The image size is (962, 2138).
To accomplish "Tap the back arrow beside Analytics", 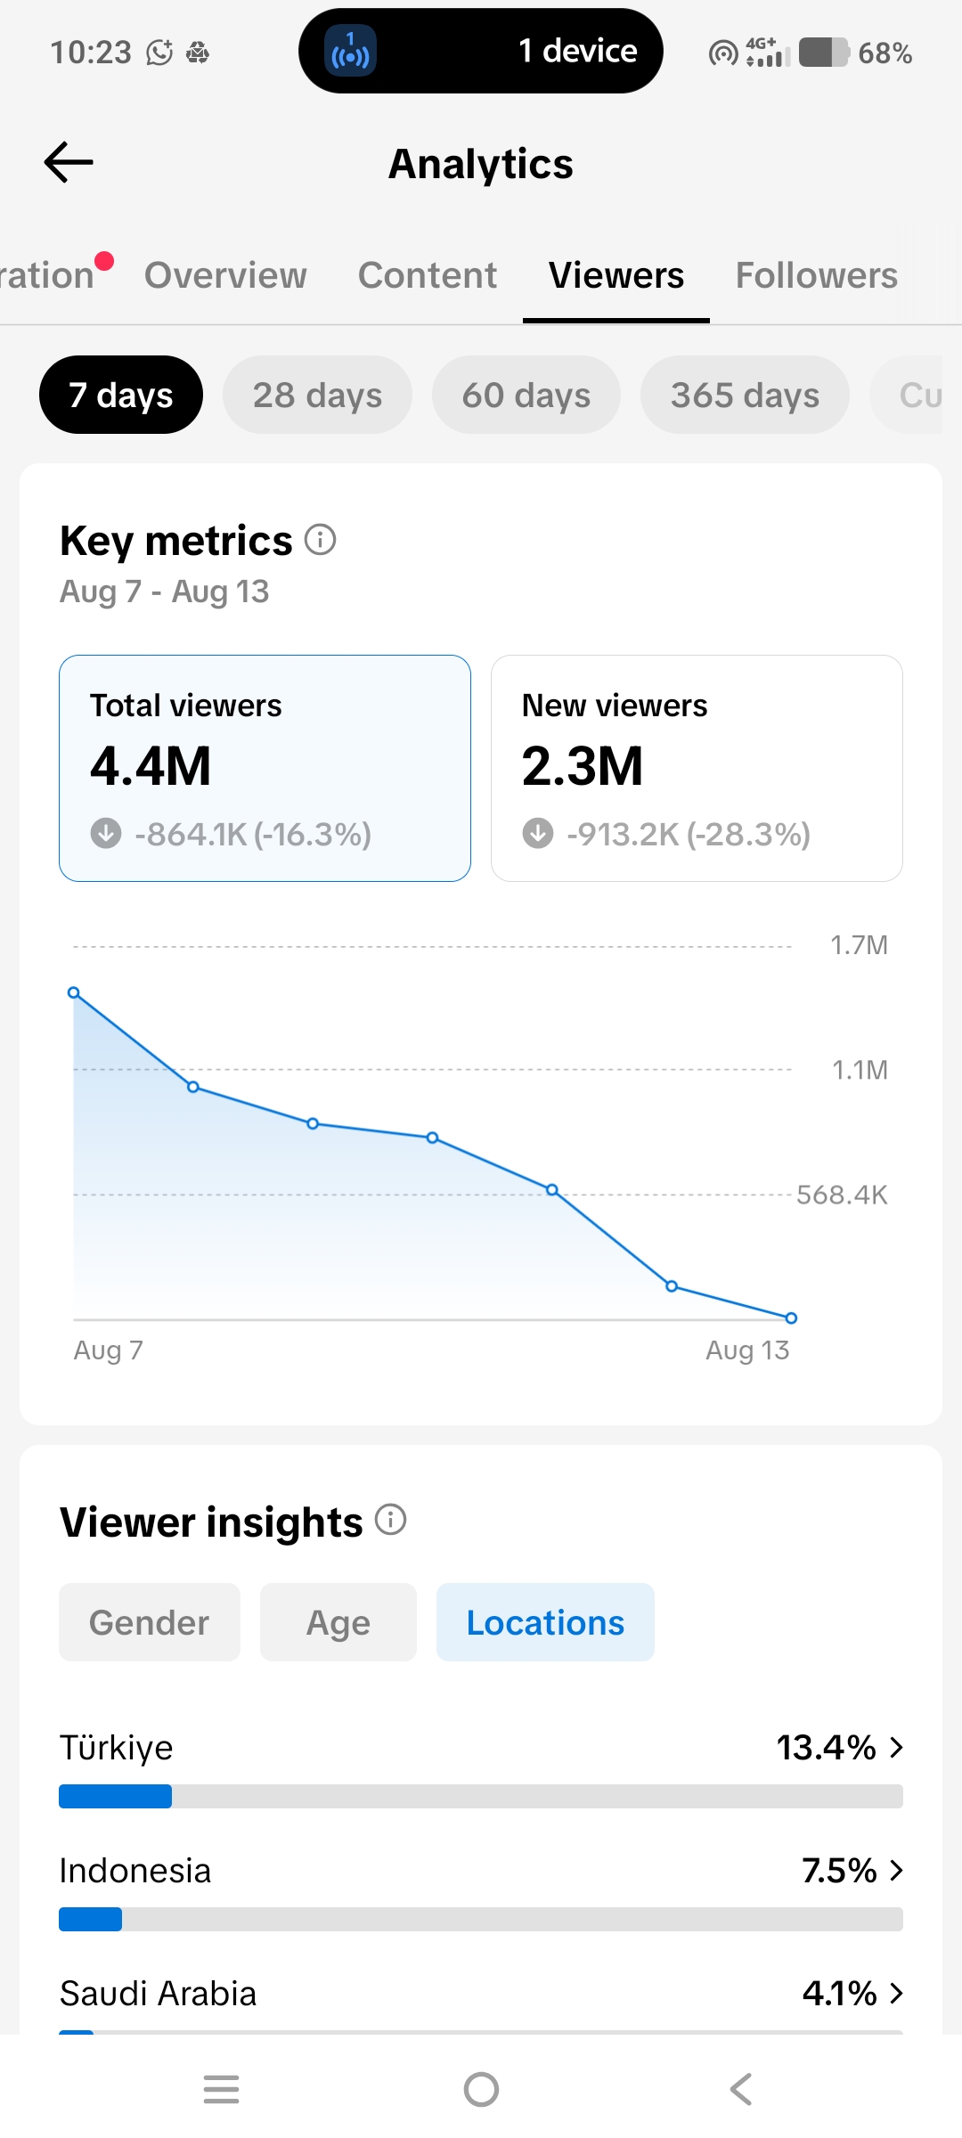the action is (x=69, y=162).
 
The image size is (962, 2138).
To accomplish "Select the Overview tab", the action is (x=225, y=275).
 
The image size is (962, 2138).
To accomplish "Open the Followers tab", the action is (x=816, y=275).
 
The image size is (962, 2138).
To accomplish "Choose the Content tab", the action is (x=428, y=275).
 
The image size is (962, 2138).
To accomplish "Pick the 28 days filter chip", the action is (x=317, y=395).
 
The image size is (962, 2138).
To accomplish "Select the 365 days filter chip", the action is (x=745, y=395).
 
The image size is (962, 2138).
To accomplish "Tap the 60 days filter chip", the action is (x=526, y=395).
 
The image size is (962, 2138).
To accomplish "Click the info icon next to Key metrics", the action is (x=321, y=539).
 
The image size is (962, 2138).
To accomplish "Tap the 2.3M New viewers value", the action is (x=583, y=766).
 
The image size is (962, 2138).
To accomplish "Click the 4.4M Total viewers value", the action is (x=151, y=766).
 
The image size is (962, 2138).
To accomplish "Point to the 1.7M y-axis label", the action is (x=859, y=945).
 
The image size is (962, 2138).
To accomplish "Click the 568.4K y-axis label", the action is (x=842, y=1195).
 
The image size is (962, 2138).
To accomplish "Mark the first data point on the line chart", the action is (x=74, y=992).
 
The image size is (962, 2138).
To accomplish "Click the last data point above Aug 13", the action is (x=791, y=1318).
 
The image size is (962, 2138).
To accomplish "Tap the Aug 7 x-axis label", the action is (x=108, y=1351).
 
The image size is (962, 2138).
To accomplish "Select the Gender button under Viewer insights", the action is (x=150, y=1622).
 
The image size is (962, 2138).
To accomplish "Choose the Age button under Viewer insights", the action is (x=338, y=1622).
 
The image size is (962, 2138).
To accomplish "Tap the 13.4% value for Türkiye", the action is (x=827, y=1748).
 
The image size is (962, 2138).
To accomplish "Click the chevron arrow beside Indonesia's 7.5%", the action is (x=896, y=1871).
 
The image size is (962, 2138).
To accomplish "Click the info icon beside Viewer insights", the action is (x=390, y=1519).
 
